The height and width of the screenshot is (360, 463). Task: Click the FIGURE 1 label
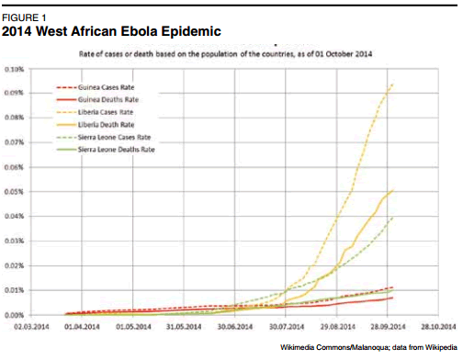(27, 17)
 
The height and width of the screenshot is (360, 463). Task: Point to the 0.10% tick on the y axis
(16, 70)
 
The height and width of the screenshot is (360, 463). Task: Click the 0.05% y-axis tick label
(16, 192)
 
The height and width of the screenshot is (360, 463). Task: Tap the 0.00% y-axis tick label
(16, 315)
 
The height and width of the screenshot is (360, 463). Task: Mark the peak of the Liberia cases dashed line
(393, 84)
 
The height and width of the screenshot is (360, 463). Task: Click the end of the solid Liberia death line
(393, 190)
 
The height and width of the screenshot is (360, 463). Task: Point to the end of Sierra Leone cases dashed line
(393, 218)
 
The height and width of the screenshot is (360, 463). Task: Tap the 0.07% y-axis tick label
(16, 143)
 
